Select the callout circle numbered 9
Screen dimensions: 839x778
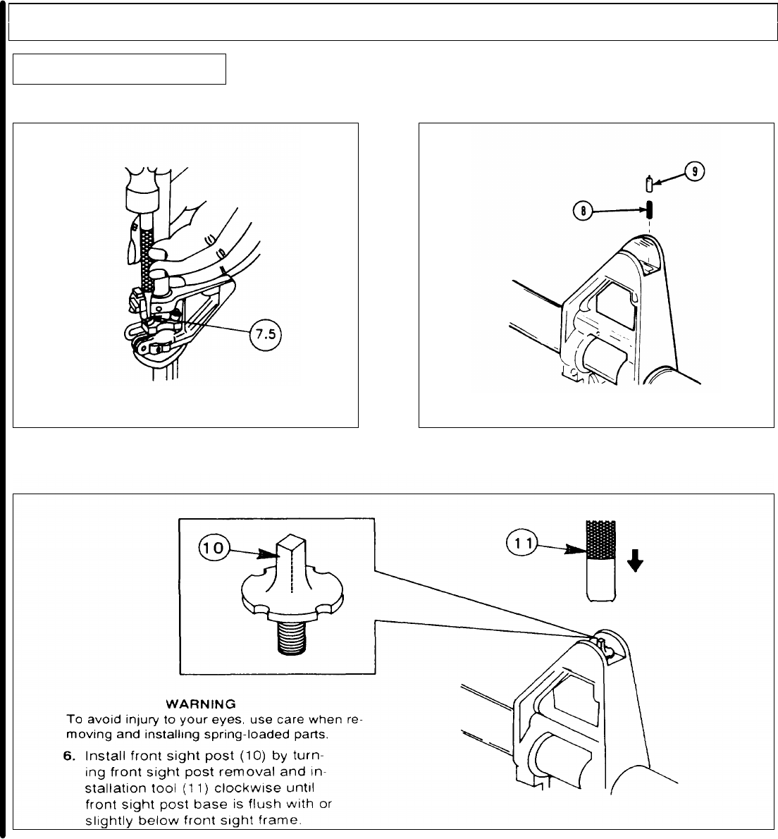(x=694, y=172)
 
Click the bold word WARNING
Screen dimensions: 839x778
(x=199, y=704)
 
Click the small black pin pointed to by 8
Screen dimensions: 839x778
(x=649, y=210)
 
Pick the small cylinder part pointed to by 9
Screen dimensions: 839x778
(x=649, y=185)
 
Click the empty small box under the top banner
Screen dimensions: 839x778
(x=119, y=68)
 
